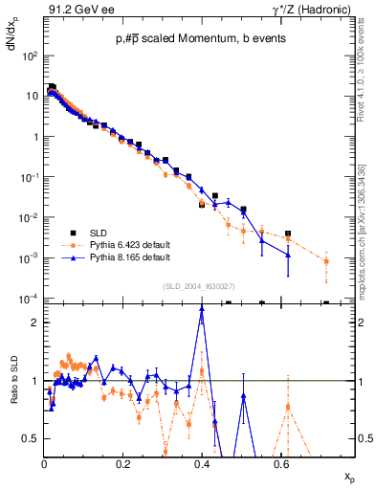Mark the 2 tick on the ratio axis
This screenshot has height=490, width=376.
pyautogui.click(x=36, y=323)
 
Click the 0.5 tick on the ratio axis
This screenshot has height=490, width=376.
pyautogui.click(x=33, y=438)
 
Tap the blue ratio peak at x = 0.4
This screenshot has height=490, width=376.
pyautogui.click(x=202, y=308)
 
